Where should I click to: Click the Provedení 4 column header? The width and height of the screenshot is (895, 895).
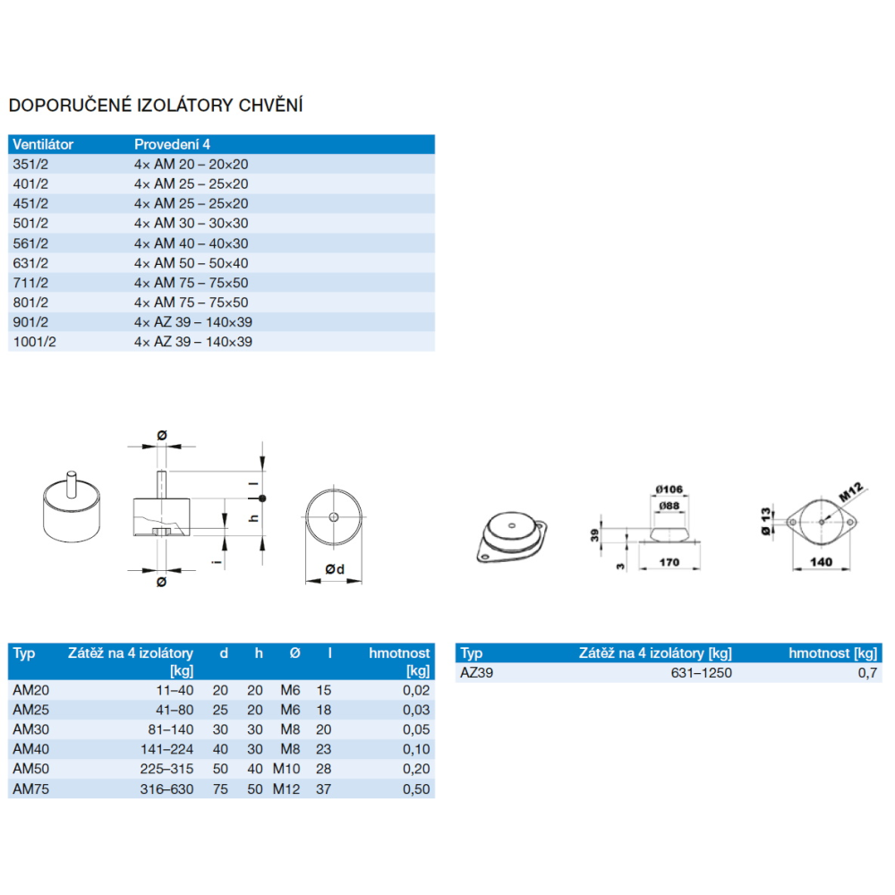172,144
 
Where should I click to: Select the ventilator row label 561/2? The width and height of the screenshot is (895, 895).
30,243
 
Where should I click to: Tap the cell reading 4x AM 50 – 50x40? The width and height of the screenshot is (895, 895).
192,263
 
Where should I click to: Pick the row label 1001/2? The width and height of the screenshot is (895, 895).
35,342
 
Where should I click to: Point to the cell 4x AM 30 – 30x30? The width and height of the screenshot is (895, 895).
192,223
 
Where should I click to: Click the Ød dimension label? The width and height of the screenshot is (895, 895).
335,569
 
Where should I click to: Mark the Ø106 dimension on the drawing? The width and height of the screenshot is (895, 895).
669,490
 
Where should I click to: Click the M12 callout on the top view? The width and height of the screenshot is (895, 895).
851,492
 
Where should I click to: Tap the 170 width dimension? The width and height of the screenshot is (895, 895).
669,562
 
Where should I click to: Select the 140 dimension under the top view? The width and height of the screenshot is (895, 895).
821,562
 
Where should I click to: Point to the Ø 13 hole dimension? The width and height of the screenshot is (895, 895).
766,521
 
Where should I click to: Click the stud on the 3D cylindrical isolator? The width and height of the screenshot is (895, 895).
72,484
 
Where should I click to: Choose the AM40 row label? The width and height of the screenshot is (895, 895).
30,749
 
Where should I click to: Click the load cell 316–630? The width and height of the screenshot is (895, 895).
166,789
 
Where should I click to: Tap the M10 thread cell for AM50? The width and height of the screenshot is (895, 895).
286,770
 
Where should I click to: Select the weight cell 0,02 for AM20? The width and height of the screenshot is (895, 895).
416,690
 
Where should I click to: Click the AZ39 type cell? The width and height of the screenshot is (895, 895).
477,673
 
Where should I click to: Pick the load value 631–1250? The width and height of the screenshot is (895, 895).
702,673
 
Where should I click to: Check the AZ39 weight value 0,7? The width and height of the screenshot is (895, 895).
867,674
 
